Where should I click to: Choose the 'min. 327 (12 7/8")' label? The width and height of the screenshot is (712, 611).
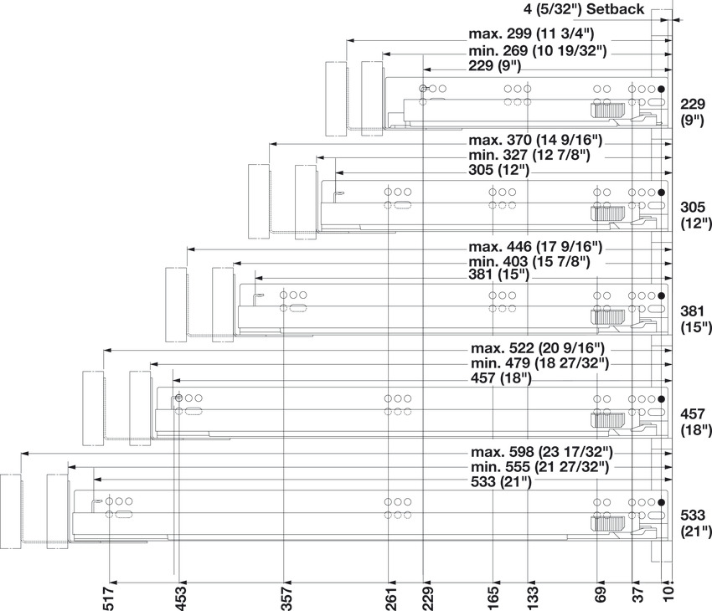pyautogui.click(x=529, y=155)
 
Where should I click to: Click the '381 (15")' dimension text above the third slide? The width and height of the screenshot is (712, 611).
pyautogui.click(x=499, y=275)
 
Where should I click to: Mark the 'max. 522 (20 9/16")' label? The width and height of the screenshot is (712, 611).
pyautogui.click(x=537, y=347)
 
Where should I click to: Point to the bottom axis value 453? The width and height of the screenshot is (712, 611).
pyautogui.click(x=179, y=595)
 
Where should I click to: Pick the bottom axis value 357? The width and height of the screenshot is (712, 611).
pyautogui.click(x=285, y=595)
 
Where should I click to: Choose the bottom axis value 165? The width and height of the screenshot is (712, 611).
pyautogui.click(x=493, y=595)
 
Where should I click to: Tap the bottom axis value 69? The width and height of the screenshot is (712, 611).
pyautogui.click(x=600, y=595)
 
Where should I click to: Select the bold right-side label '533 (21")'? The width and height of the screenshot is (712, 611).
pyautogui.click(x=694, y=522)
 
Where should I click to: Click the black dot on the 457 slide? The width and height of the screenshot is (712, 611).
pyautogui.click(x=661, y=399)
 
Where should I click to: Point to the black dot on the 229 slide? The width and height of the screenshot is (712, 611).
pyautogui.click(x=661, y=90)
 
